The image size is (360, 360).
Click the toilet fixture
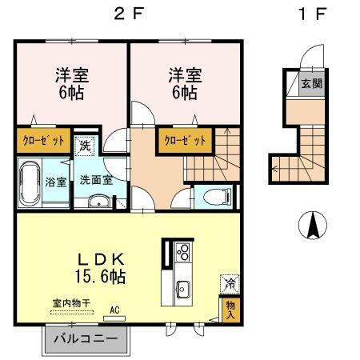pos(211,197)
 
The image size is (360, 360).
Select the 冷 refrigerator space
pos(229,282)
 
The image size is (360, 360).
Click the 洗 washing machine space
pos(86,147)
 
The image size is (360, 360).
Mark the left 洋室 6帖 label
pos(70,84)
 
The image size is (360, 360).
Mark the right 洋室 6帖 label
pos(184,84)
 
